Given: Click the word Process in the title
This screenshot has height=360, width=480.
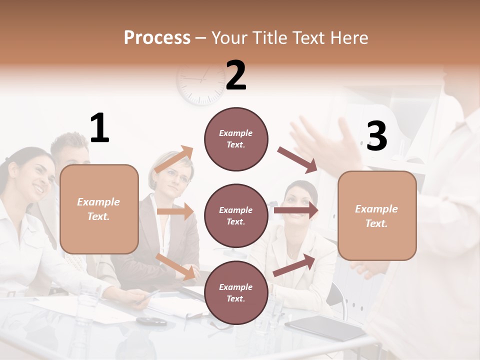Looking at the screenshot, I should (x=157, y=38).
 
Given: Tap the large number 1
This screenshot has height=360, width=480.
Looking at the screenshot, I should (x=99, y=128).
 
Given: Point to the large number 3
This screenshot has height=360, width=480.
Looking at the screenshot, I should (x=376, y=136).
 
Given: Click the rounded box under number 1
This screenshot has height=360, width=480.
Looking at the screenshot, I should (x=99, y=209).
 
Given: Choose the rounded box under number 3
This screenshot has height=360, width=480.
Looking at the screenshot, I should (x=377, y=215).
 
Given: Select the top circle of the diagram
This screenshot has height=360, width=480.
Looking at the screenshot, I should (x=236, y=139).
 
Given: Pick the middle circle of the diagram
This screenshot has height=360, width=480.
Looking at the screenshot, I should (x=236, y=215).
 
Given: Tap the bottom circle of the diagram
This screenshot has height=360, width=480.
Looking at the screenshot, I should (x=236, y=292).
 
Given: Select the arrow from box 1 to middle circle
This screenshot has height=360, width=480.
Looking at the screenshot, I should (x=175, y=211).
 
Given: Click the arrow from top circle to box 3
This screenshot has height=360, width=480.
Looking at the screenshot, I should (x=298, y=160).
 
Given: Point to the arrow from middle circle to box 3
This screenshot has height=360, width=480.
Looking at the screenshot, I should (x=296, y=210).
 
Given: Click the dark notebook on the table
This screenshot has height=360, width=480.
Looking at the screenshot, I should (x=325, y=327).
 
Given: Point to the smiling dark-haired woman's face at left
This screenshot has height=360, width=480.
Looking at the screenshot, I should (x=37, y=177).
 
